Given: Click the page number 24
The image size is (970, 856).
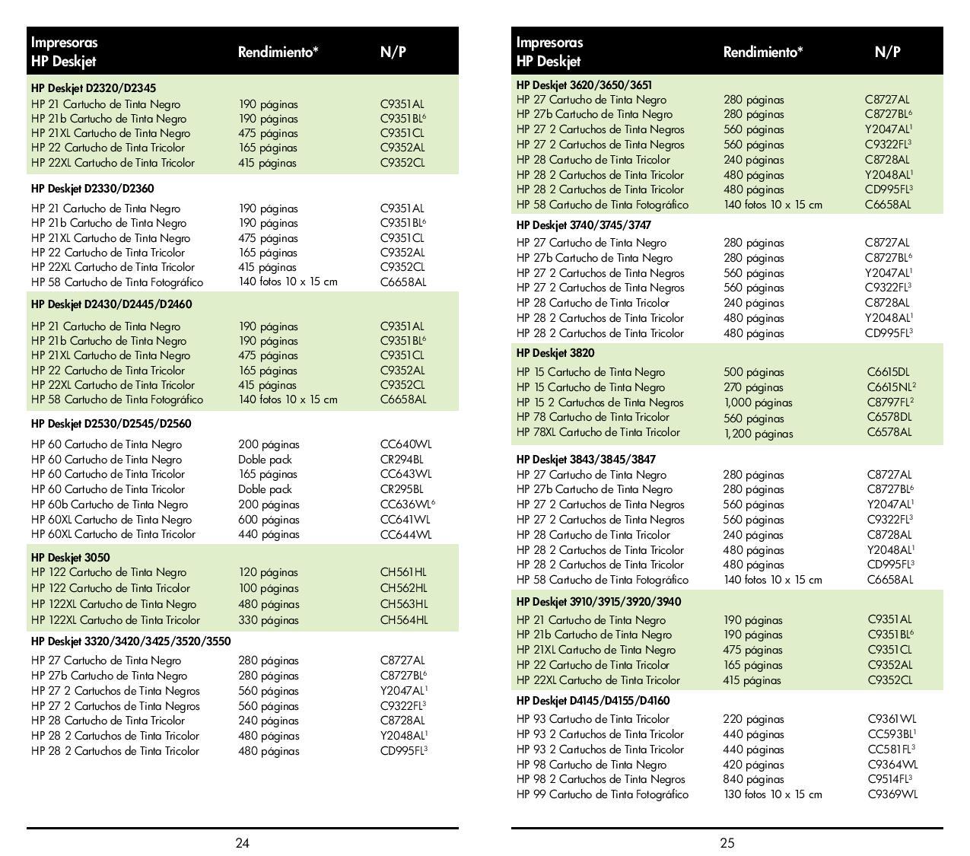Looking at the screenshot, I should [242, 842].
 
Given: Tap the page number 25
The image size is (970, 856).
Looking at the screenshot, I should [727, 842].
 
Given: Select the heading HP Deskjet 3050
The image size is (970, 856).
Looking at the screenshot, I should [71, 557].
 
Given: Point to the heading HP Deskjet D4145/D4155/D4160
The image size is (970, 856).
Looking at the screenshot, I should [593, 700].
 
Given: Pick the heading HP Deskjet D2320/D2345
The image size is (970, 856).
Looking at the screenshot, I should [94, 88].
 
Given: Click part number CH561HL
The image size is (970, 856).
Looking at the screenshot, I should [403, 572].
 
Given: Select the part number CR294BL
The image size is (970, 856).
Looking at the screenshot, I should [402, 459].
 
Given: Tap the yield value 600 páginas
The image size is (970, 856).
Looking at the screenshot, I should [269, 519].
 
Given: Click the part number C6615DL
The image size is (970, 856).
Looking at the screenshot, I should [888, 372].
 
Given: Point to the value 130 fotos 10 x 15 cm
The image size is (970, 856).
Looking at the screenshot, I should [772, 794].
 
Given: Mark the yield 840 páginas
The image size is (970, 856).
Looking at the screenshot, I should [753, 778].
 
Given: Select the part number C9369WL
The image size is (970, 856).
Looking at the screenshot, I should [892, 794].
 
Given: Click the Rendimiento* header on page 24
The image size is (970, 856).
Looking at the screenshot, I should [278, 52].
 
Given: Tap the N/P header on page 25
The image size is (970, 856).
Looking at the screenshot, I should [887, 52].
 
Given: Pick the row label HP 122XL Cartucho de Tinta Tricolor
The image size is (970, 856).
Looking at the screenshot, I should [116, 619].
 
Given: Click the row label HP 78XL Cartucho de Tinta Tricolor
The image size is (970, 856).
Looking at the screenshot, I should [598, 431].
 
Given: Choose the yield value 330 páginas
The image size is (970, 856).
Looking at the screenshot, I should [269, 619].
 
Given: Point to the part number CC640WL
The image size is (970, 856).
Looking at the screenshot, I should [405, 444].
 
